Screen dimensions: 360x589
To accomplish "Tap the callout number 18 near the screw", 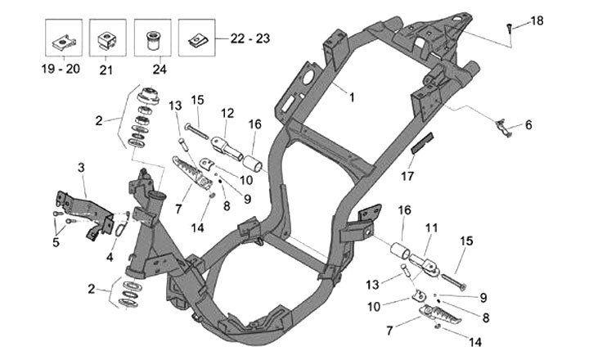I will (537, 20).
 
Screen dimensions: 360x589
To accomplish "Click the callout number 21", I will (105, 70).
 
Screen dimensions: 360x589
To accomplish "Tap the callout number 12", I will (227, 111).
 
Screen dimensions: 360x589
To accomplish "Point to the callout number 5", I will (56, 242).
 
